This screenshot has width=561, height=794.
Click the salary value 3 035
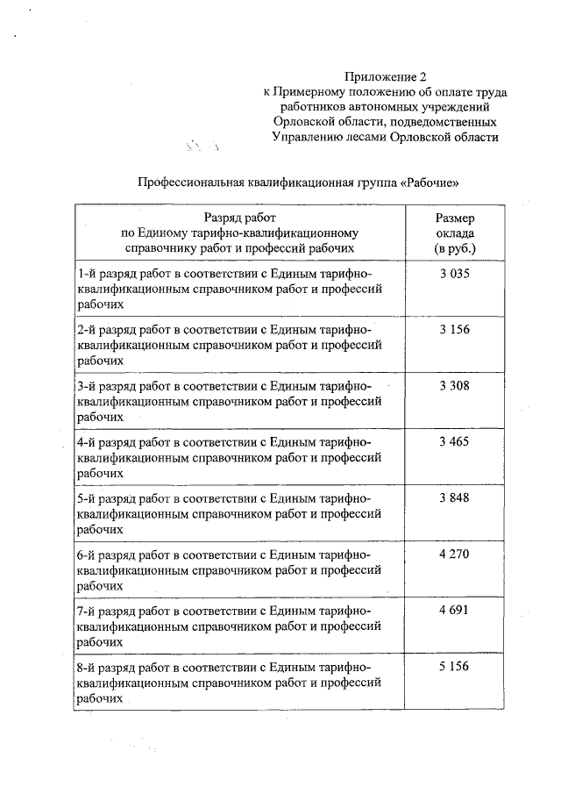coord(454,274)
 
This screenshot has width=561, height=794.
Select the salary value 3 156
coord(454,329)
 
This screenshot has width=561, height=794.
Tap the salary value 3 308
coord(454,385)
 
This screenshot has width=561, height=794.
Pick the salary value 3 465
coord(454,441)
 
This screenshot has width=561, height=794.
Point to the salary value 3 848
coord(454,497)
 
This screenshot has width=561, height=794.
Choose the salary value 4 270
coord(454,554)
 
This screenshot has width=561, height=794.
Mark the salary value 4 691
coord(454,611)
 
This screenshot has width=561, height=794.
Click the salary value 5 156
coord(454,667)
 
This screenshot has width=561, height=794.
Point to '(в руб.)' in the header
coord(454,249)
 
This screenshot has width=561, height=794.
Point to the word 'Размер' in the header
coord(454,218)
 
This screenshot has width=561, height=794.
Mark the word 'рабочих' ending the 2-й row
coord(99,360)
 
